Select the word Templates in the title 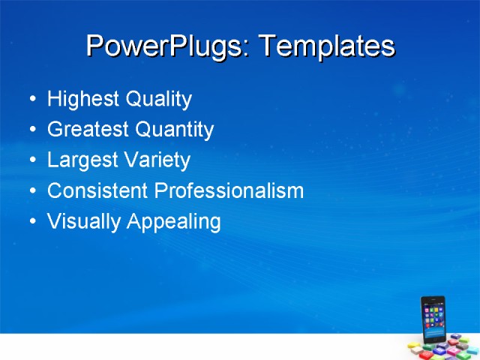(x=326, y=46)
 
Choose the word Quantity (x=174, y=130)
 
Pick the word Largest (x=76, y=160)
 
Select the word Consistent (x=97, y=191)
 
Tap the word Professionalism (x=229, y=191)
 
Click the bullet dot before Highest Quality (x=31, y=100)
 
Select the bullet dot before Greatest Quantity (x=31, y=130)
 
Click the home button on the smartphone (x=435, y=340)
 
